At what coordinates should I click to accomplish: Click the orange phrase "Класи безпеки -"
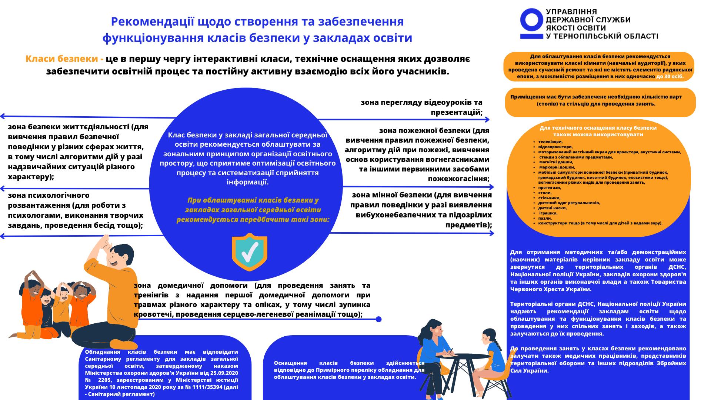(x=64, y=59)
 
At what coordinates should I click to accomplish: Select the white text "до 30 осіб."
(x=670, y=77)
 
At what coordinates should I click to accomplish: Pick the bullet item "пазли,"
(x=545, y=218)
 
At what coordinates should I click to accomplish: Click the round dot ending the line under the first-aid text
(x=378, y=319)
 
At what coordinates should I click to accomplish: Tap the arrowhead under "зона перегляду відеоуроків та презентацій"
(x=487, y=120)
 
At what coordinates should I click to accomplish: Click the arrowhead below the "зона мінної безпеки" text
(x=491, y=233)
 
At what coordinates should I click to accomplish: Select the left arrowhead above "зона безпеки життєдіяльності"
(x=2, y=116)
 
